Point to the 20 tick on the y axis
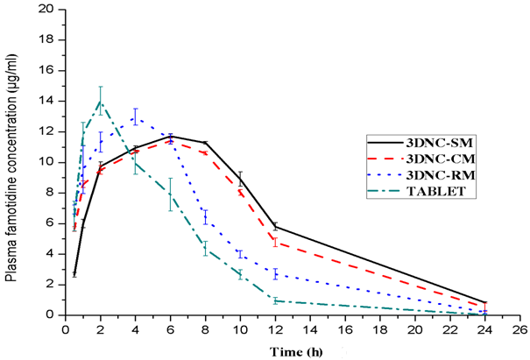point(52,10)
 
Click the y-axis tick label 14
point(52,101)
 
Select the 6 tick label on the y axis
point(55,223)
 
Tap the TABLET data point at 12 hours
point(276,300)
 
